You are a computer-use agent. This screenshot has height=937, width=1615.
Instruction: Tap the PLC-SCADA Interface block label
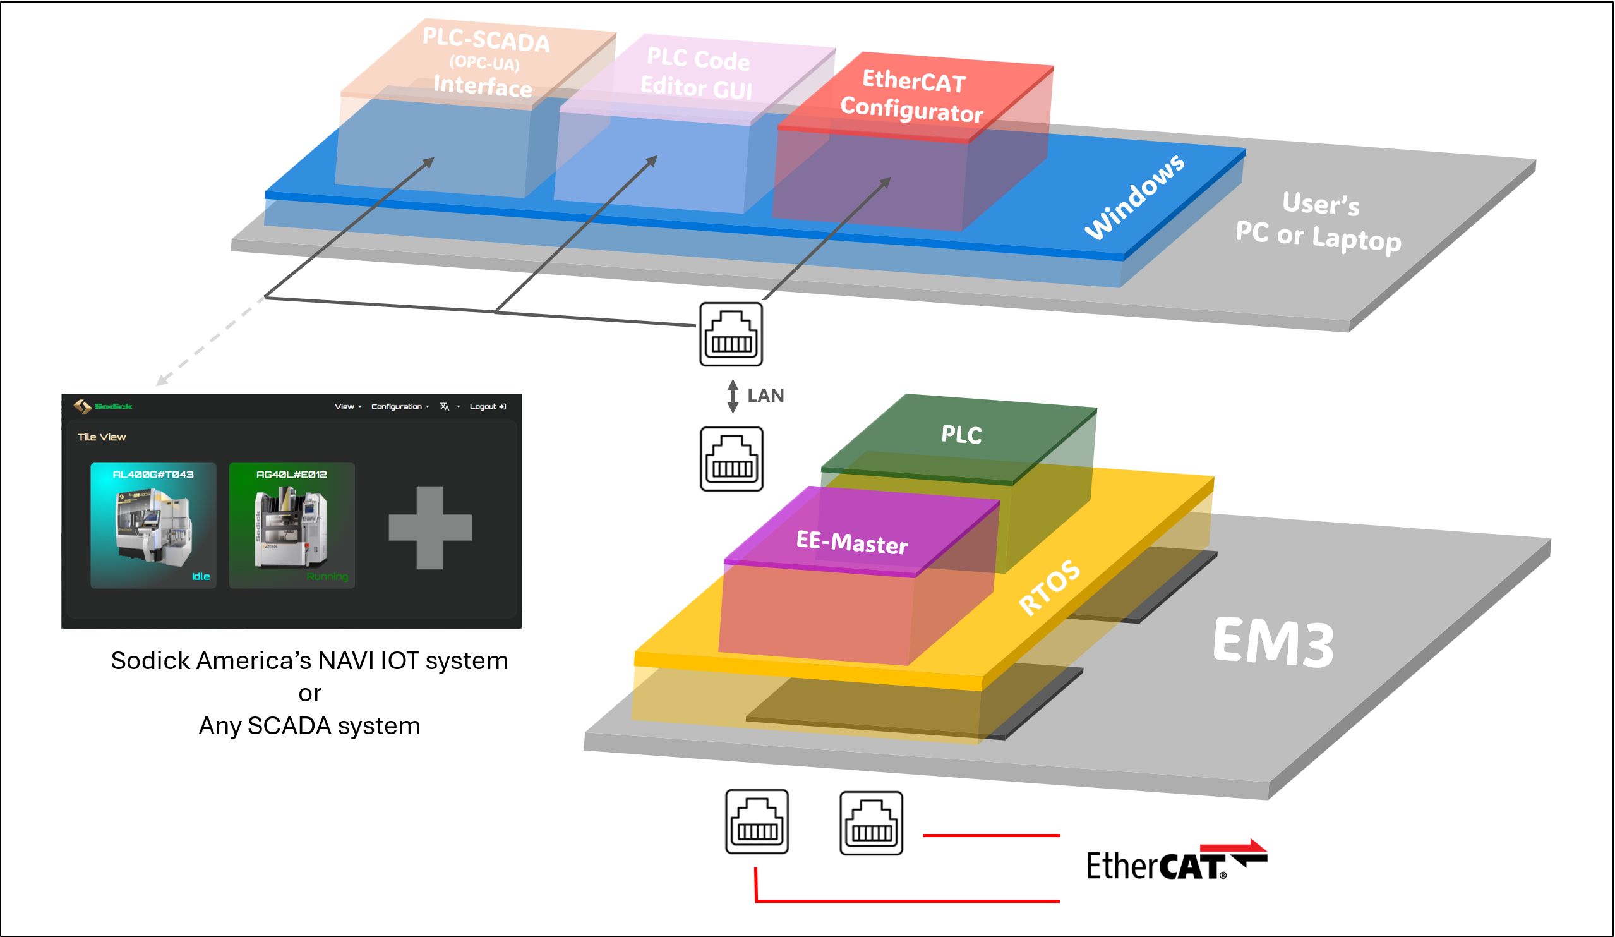pyautogui.click(x=484, y=63)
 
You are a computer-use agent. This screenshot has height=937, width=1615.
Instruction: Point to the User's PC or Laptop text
pyautogui.click(x=1319, y=222)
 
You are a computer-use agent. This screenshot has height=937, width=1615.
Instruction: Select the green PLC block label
pyautogui.click(x=961, y=435)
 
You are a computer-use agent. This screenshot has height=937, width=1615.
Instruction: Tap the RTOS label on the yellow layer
pyautogui.click(x=1050, y=587)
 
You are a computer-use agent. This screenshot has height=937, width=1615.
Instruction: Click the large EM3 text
pyautogui.click(x=1274, y=642)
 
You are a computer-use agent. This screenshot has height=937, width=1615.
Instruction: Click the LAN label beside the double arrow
pyautogui.click(x=766, y=396)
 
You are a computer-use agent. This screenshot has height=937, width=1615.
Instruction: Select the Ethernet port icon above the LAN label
pyautogui.click(x=731, y=334)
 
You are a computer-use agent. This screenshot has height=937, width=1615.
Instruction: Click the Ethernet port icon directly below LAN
pyautogui.click(x=732, y=459)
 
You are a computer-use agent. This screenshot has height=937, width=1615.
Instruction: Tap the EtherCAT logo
pyautogui.click(x=1176, y=862)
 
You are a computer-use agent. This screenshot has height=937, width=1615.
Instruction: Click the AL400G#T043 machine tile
pyautogui.click(x=153, y=526)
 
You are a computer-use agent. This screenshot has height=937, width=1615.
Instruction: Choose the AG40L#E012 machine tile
pyautogui.click(x=292, y=526)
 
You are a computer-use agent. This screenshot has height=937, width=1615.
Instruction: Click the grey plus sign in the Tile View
pyautogui.click(x=430, y=528)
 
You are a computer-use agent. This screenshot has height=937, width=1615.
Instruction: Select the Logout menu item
pyautogui.click(x=487, y=406)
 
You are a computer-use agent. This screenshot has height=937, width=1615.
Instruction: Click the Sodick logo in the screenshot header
pyautogui.click(x=102, y=406)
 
